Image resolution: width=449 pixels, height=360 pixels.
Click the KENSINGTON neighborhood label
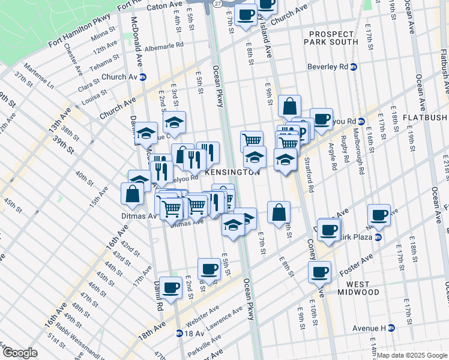pos(233,172)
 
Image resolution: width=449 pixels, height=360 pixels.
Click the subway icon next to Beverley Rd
pos(354,67)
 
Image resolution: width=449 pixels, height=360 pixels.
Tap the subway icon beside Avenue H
pos(391,328)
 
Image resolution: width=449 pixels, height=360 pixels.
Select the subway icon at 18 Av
pos(179,333)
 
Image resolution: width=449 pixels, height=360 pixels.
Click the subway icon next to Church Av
pos(143,77)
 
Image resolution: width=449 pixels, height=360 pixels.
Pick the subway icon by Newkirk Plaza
pos(378,238)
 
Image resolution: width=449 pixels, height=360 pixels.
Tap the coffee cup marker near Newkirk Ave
pos(379,214)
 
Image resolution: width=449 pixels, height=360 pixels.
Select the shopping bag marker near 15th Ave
pos(132,194)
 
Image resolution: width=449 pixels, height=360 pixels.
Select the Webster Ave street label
pos(205,313)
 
